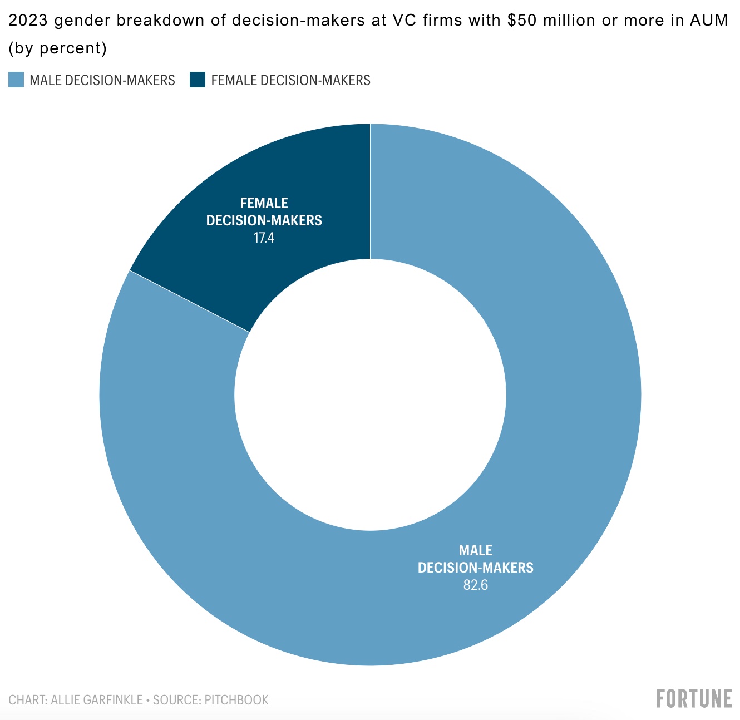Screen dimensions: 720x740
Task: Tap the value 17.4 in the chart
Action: coord(264,238)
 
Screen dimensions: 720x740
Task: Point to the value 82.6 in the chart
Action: coord(475,585)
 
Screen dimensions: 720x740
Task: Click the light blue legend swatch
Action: coord(16,80)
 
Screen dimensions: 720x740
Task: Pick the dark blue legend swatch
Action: coord(198,80)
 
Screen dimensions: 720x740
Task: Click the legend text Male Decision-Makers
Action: coord(102,80)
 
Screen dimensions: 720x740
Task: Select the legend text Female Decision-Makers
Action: coord(290,80)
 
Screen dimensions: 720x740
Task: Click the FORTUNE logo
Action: coord(694,698)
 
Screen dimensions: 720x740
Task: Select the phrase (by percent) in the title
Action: coord(57,48)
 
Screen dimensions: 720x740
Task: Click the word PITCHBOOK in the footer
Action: coord(236,699)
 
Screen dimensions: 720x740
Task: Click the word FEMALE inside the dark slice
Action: coord(264,203)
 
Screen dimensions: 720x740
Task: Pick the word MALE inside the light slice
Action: coord(475,550)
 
